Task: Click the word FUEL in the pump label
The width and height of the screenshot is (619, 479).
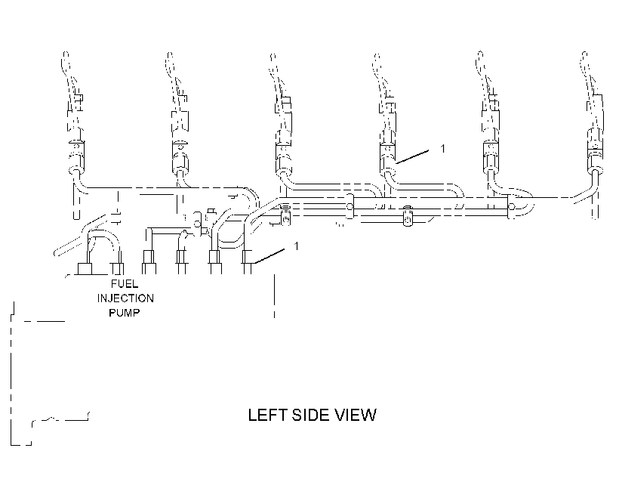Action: [x=125, y=284]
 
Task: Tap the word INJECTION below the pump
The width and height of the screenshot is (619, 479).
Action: [x=125, y=298]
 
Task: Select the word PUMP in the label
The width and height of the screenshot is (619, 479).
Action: [x=125, y=313]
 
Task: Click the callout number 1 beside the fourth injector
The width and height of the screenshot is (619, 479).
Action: [x=442, y=149]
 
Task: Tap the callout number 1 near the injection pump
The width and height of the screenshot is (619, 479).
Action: [x=297, y=246]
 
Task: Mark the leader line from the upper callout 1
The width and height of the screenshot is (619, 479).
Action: [x=412, y=156]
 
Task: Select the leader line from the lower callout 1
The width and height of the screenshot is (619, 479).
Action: [x=269, y=255]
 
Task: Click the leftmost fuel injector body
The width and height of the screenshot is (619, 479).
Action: [x=75, y=134]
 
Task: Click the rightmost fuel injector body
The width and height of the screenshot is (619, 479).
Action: [x=594, y=134]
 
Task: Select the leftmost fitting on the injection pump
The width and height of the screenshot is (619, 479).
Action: [x=85, y=269]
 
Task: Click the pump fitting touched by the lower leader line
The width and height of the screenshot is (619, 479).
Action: [x=247, y=261]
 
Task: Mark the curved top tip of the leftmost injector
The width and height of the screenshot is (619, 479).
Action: [x=66, y=54]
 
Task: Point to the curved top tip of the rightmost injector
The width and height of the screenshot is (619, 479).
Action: [x=585, y=54]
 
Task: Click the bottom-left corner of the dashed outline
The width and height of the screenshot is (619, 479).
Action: [x=11, y=445]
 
